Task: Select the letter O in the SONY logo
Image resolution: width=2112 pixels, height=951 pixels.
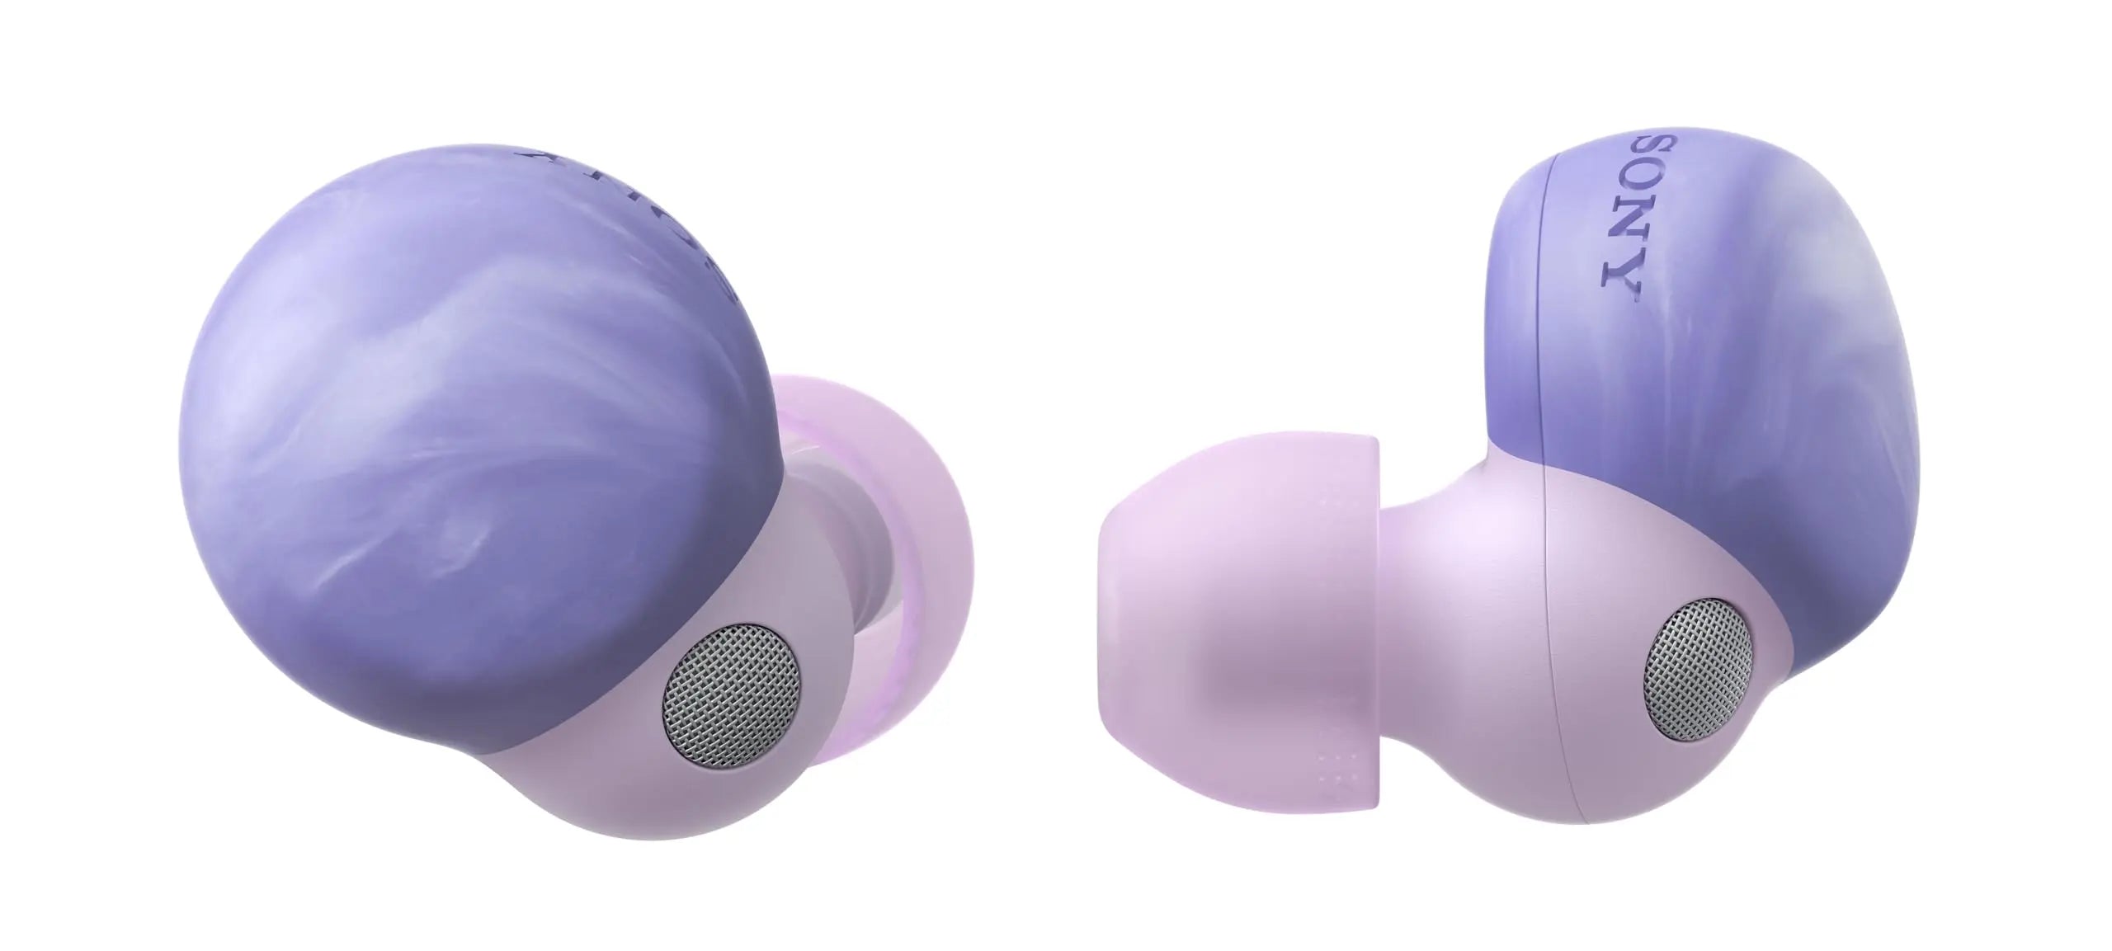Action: point(1622,198)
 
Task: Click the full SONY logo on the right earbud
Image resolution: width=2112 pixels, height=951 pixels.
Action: point(1622,219)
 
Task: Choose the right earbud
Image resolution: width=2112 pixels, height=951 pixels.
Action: point(1567,536)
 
